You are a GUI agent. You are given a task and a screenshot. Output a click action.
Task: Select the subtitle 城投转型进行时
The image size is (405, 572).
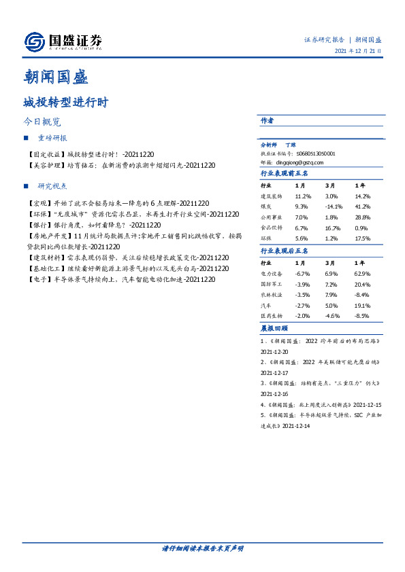tap(65, 103)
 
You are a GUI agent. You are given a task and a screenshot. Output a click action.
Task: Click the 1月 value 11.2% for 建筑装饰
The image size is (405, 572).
tap(303, 196)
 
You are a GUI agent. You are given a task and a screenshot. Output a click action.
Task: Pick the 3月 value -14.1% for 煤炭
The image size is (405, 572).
tap(334, 206)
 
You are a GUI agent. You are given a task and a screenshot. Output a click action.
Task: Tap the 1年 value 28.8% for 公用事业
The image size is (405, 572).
tap(363, 217)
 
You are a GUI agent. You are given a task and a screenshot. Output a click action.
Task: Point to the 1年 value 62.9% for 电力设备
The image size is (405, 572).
tap(363, 273)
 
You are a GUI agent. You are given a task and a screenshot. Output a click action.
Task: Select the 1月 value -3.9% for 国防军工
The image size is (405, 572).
tap(302, 284)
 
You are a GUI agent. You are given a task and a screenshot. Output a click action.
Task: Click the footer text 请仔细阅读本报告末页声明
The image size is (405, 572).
tap(203, 548)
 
